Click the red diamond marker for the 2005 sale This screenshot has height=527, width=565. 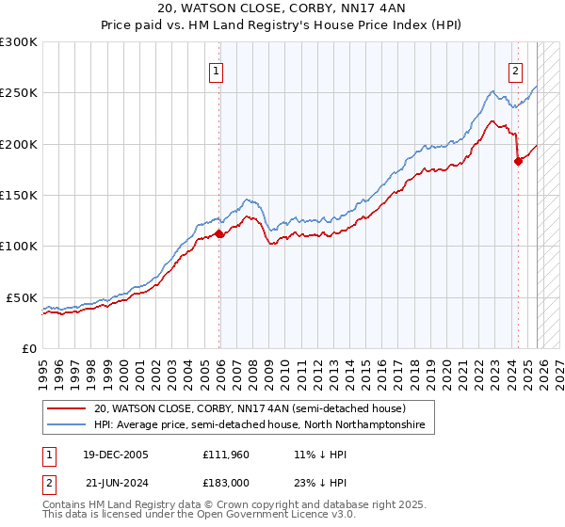219,234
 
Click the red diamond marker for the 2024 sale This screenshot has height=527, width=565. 518,162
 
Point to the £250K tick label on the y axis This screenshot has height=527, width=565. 19,93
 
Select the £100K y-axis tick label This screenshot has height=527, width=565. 19,247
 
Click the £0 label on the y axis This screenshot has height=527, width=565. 29,348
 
